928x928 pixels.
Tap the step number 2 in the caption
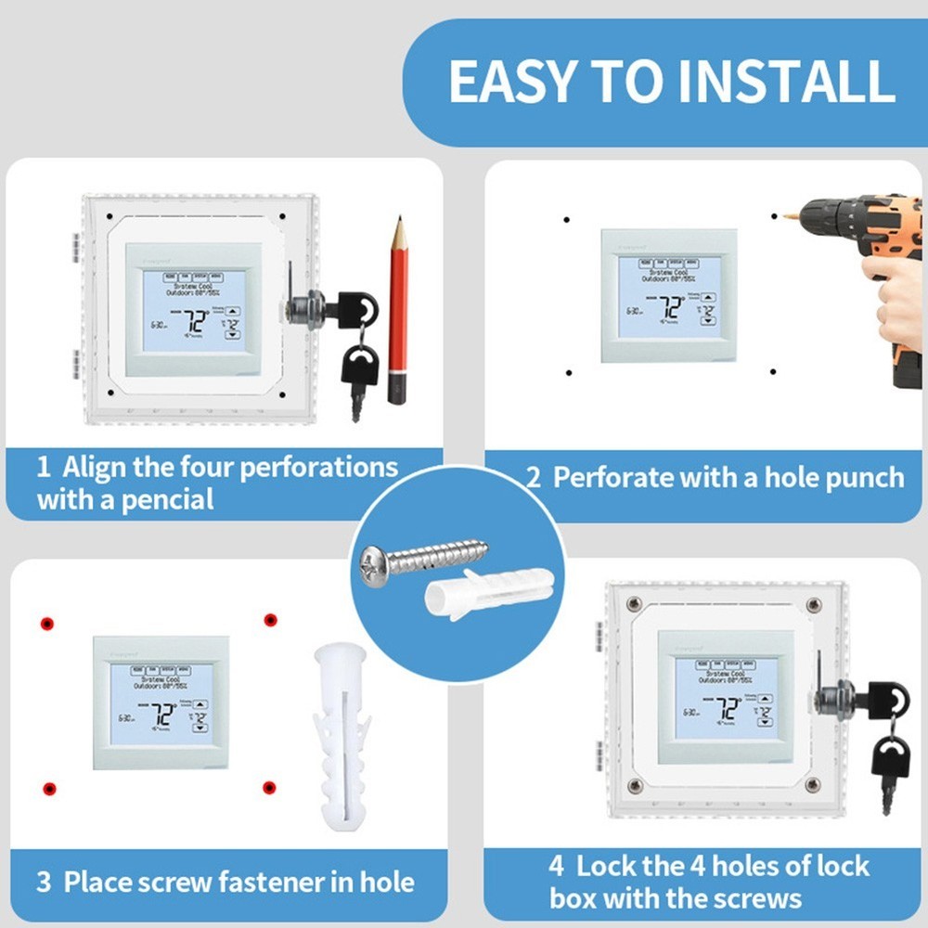[533, 478]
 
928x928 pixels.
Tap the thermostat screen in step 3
[161, 703]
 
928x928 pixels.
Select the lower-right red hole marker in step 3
[269, 788]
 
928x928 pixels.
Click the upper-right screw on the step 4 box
[814, 605]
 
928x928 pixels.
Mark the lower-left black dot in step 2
[568, 373]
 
